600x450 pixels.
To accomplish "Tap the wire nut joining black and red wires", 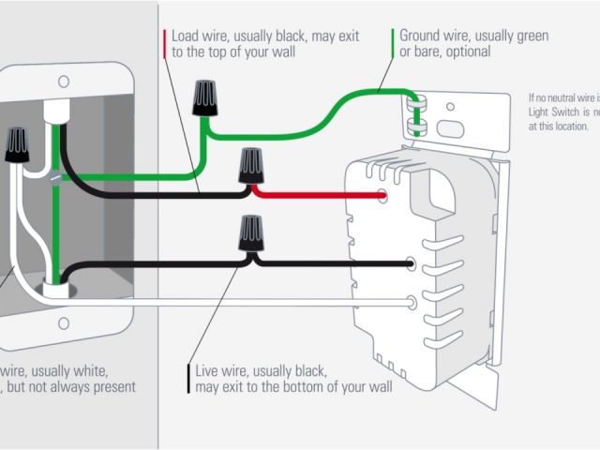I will pyautogui.click(x=250, y=166).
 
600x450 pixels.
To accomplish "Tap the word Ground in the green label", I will pyautogui.click(x=423, y=36).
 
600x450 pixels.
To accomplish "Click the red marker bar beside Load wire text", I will pyautogui.click(x=165, y=44).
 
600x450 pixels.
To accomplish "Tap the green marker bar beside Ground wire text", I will pyautogui.click(x=392, y=44).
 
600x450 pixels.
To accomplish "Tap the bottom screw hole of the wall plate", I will pyautogui.click(x=64, y=323).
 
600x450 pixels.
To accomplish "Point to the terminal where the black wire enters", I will pyautogui.click(x=412, y=265).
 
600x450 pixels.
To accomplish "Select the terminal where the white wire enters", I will pyautogui.click(x=412, y=302).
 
